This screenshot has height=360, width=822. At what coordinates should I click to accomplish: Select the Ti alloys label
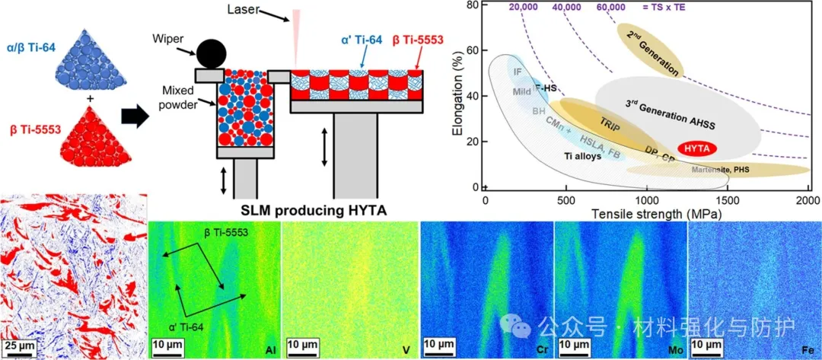coord(584,157)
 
